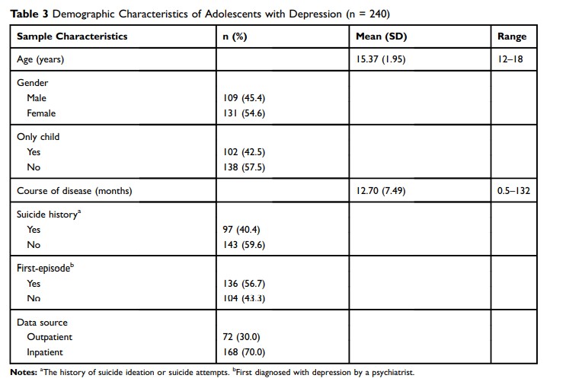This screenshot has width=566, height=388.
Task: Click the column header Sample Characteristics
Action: tap(72, 36)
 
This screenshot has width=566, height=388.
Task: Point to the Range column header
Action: tap(512, 36)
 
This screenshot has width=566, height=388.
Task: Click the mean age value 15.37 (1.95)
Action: tap(382, 59)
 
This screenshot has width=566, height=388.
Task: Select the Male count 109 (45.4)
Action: tap(242, 98)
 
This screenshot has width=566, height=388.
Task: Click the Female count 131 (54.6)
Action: tap(242, 113)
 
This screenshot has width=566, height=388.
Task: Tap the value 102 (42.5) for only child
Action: tap(242, 151)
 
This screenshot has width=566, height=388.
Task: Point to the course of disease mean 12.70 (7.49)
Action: tap(381, 191)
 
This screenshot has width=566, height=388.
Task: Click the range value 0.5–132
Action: tap(512, 191)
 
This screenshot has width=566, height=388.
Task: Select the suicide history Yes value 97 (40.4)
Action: tap(240, 229)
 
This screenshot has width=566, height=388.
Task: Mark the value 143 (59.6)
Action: tap(242, 244)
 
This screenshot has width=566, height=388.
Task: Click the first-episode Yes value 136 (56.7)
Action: tap(242, 283)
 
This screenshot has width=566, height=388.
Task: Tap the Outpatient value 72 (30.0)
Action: tap(240, 336)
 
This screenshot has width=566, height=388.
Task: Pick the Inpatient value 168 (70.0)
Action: tap(242, 351)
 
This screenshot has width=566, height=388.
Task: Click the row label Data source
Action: tap(42, 323)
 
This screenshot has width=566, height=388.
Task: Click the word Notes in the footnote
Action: tap(23, 373)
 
